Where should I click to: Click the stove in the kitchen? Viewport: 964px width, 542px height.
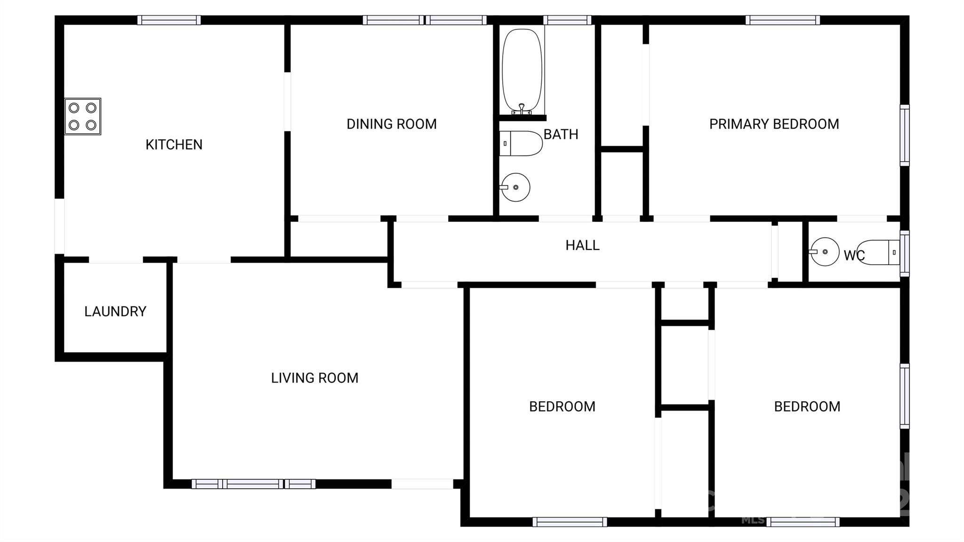pyautogui.click(x=82, y=116)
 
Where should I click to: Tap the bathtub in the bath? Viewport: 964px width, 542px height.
pyautogui.click(x=522, y=71)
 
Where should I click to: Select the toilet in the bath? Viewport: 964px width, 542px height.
pyautogui.click(x=521, y=143)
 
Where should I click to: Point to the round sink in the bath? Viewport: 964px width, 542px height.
pyautogui.click(x=515, y=187)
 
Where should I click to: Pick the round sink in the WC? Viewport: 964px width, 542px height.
pyautogui.click(x=825, y=252)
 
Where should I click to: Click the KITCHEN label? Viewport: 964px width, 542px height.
pyautogui.click(x=174, y=145)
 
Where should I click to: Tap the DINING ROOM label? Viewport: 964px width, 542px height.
pyautogui.click(x=392, y=124)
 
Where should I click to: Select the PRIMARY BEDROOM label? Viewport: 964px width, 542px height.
pyautogui.click(x=774, y=124)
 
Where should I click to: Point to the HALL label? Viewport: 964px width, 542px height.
pyautogui.click(x=582, y=245)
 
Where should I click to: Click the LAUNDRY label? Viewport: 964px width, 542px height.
pyautogui.click(x=115, y=311)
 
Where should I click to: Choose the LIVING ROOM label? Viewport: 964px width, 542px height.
pyautogui.click(x=314, y=378)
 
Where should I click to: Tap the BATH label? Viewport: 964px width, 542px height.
pyautogui.click(x=561, y=134)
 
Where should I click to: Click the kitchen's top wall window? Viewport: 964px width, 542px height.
pyautogui.click(x=169, y=20)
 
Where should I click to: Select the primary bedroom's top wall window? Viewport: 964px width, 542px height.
pyautogui.click(x=782, y=20)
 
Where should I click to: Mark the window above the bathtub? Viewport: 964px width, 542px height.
pyautogui.click(x=567, y=20)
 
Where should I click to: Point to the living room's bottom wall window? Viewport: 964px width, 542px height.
pyautogui.click(x=253, y=484)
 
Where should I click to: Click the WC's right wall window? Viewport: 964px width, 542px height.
pyautogui.click(x=904, y=253)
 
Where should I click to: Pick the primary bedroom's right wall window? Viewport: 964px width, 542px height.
pyautogui.click(x=904, y=135)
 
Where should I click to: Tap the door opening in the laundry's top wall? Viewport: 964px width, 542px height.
pyautogui.click(x=116, y=259)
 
